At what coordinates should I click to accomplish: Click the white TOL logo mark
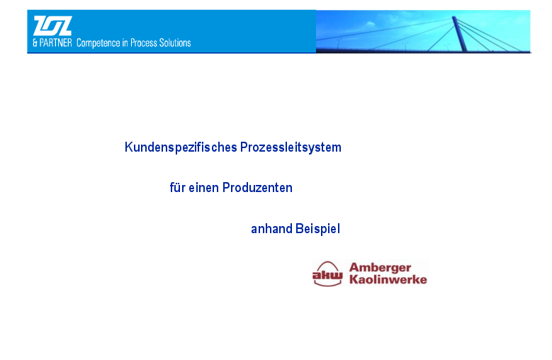pos(52,26)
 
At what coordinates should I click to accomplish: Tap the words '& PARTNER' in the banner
pos(52,43)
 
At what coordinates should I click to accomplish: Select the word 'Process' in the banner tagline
pos(144,43)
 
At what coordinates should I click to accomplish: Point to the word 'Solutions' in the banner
pos(175,43)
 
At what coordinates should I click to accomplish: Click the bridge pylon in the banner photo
pos(460,34)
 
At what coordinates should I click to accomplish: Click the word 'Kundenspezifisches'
pos(181,147)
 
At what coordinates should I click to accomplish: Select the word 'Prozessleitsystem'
pos(291,147)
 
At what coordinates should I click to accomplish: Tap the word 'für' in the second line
pos(177,188)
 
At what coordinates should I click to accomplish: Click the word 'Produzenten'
pos(257,188)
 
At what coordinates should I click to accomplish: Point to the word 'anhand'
pos(272,229)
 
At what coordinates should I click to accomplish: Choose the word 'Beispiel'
pos(318,229)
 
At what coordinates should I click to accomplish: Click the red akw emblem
pos(327,274)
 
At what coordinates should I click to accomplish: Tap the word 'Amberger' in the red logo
pos(381,268)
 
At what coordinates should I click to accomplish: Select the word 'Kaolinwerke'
pos(388,280)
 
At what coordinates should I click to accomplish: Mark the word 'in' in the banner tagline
pos(125,43)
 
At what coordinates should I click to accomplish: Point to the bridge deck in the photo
pos(423,50)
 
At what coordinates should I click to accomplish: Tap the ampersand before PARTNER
pos(35,43)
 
